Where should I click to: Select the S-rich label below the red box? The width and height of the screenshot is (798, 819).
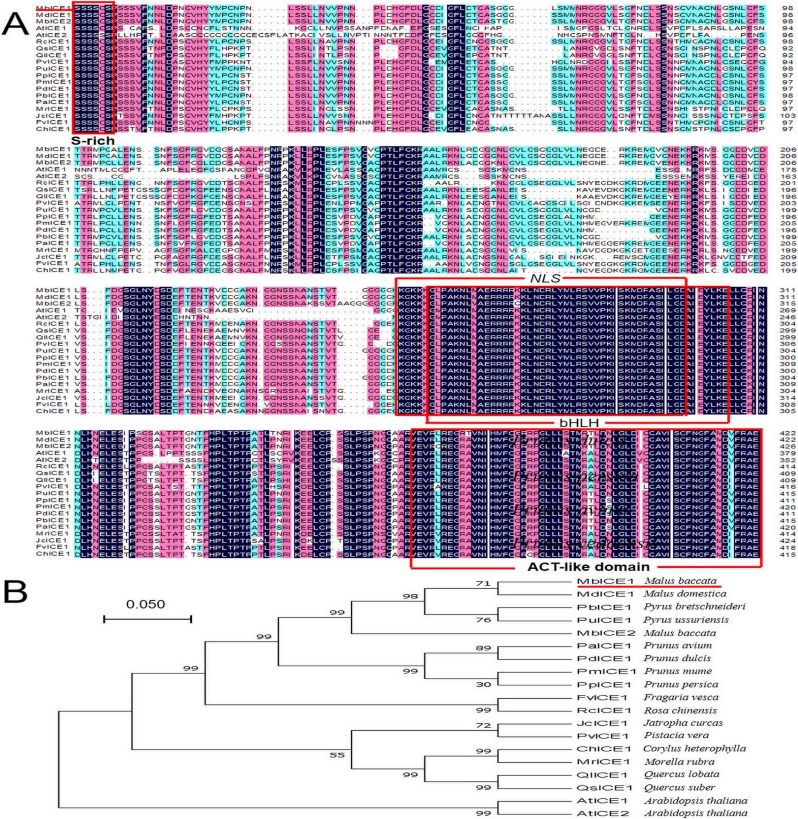[93, 141]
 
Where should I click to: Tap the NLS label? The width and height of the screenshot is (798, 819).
[545, 279]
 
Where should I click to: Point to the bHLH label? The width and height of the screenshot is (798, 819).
[579, 423]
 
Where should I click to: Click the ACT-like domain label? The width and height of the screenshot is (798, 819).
[588, 566]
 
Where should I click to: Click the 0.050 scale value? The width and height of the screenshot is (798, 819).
[146, 604]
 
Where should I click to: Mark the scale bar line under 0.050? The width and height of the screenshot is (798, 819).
[148, 619]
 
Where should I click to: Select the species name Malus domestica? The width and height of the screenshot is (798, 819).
[685, 593]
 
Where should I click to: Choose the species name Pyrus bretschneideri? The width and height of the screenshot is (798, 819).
[694, 607]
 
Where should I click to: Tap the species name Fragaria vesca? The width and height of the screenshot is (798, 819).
[681, 697]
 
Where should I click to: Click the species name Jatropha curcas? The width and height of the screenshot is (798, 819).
[683, 723]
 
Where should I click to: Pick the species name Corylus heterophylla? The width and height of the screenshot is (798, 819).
[694, 749]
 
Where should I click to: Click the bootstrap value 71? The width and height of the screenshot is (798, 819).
[483, 583]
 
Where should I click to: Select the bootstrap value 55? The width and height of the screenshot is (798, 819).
[337, 755]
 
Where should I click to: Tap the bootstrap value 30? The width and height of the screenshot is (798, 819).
[483, 684]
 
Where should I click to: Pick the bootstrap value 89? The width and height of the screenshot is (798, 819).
[483, 648]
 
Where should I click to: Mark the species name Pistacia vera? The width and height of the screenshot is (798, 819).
[676, 735]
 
